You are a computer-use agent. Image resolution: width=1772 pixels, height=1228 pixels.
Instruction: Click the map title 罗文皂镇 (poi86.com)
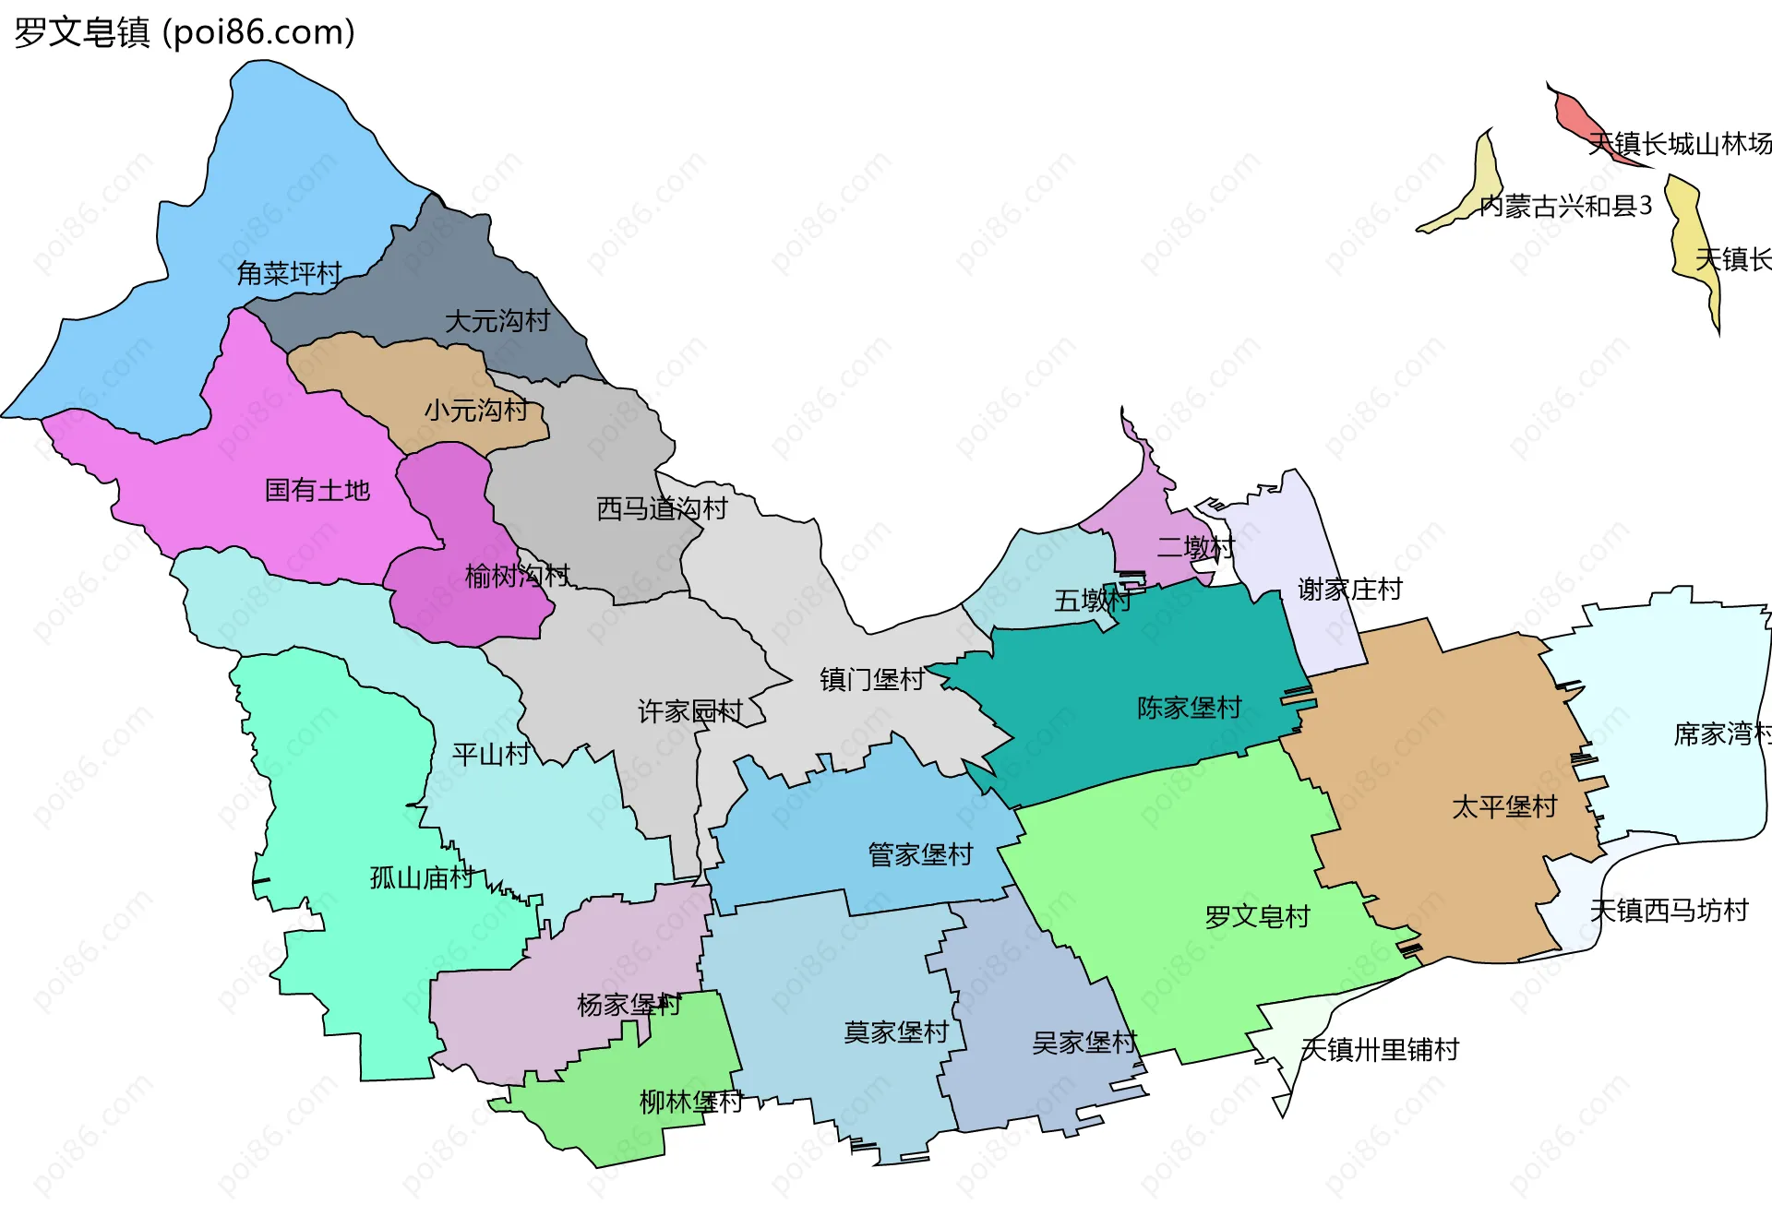click(185, 32)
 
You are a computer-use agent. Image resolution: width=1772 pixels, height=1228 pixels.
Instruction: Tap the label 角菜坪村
click(289, 273)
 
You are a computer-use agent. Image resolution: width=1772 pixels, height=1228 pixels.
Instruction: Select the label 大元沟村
click(497, 321)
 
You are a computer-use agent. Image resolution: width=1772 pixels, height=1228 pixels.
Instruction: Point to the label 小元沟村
click(476, 410)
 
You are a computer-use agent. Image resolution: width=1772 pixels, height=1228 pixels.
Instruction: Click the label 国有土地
click(317, 490)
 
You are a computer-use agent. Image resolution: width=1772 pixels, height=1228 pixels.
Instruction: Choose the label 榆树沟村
click(518, 576)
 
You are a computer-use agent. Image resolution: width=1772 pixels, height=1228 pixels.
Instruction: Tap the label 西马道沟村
click(662, 508)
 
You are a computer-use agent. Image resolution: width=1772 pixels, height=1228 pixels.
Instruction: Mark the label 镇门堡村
click(872, 680)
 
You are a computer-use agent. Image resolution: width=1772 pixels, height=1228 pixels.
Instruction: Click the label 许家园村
click(690, 711)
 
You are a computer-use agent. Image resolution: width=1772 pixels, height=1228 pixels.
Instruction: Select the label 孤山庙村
click(423, 877)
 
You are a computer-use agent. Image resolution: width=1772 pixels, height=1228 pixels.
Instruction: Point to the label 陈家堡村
click(1190, 708)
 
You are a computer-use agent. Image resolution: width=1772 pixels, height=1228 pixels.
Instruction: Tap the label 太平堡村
click(1504, 807)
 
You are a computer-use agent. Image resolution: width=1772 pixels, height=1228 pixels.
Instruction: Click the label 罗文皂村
click(1258, 916)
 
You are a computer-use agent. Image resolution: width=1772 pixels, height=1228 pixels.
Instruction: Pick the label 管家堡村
click(920, 854)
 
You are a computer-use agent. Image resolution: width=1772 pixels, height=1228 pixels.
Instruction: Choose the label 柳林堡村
click(691, 1102)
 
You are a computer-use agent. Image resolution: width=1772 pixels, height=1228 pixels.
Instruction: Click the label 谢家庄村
click(1350, 589)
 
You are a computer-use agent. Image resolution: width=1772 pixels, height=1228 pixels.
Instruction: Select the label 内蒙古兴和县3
click(1565, 206)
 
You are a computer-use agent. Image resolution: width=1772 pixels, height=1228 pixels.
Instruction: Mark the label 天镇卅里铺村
click(1380, 1049)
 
